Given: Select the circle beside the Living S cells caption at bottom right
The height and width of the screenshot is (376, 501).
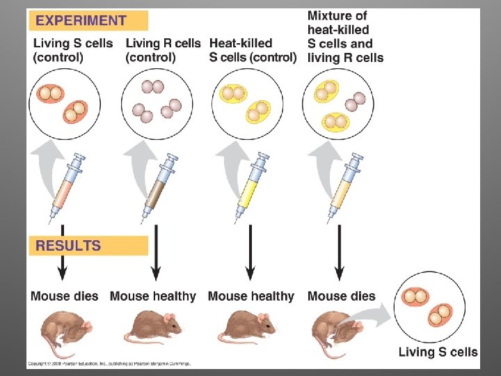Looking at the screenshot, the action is click(x=429, y=306).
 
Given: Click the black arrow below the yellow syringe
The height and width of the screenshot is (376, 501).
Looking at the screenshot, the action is click(x=250, y=258).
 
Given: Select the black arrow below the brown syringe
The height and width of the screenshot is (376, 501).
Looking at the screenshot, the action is click(x=157, y=258).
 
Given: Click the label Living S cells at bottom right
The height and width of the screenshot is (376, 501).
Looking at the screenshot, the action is click(x=438, y=352).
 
